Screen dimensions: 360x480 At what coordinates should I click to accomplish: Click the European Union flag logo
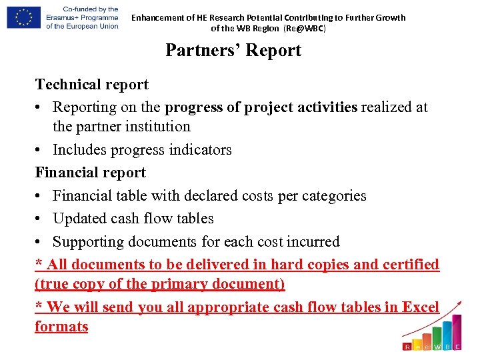23,17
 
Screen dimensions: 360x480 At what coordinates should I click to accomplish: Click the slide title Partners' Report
233,51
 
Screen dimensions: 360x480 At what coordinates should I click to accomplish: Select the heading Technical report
92,85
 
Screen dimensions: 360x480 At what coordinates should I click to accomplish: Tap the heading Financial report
91,173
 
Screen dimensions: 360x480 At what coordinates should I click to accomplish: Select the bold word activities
322,107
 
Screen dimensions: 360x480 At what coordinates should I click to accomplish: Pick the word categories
331,196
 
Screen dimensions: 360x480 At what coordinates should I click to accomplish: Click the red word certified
411,264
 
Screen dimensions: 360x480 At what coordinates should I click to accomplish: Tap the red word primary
179,284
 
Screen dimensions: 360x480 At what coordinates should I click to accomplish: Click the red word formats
61,327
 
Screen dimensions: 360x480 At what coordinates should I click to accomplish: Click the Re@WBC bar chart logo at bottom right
432,330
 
